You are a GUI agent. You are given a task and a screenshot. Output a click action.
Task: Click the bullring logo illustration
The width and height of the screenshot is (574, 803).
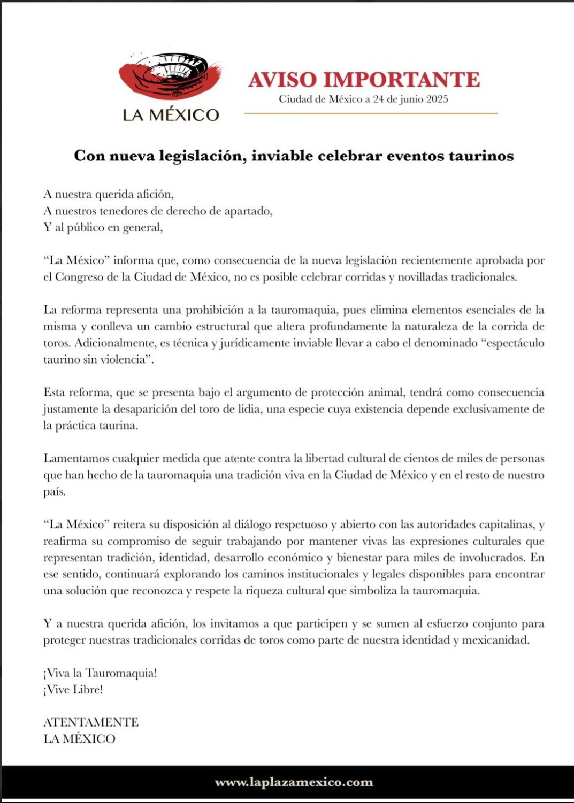tap(170, 76)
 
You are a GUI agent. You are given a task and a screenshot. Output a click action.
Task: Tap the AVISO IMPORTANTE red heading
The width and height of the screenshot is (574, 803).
tap(364, 80)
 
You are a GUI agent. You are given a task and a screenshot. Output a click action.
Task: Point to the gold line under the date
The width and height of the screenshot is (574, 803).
tap(371, 113)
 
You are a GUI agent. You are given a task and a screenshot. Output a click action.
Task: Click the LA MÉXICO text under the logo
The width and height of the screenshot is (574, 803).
tap(171, 115)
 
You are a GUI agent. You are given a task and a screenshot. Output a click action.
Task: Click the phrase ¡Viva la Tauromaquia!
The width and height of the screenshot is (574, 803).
tap(100, 673)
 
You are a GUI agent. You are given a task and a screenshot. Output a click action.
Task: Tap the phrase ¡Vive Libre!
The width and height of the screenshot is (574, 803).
tap(73, 690)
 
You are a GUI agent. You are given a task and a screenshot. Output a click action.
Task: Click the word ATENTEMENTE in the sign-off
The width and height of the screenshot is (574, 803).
tap(91, 722)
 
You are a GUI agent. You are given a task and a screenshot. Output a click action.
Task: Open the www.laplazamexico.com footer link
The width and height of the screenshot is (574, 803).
tap(294, 782)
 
